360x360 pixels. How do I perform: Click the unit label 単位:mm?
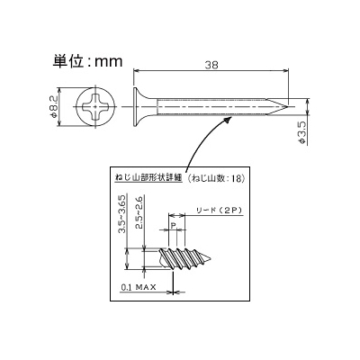point(87,61)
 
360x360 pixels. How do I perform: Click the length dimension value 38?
point(211,65)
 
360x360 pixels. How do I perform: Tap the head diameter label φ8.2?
point(53,107)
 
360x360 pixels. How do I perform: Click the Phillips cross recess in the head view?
point(95,107)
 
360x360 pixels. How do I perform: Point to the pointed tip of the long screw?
point(288,107)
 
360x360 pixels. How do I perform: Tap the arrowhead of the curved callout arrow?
point(229,121)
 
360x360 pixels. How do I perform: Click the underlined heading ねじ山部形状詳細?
point(148,178)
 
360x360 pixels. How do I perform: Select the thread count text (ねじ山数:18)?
point(216,178)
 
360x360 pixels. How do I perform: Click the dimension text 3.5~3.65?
point(122,213)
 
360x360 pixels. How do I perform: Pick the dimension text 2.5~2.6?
point(139,213)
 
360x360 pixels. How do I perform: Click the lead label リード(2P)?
point(219,211)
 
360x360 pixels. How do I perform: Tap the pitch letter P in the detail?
point(173,225)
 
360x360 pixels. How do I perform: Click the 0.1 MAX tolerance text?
point(139,287)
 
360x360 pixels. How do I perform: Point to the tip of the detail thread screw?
point(211,258)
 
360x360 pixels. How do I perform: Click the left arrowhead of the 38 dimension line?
point(136,71)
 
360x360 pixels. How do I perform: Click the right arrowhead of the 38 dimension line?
point(286,71)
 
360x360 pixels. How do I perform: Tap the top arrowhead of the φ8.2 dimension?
point(60,91)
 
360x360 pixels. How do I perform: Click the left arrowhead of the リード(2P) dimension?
point(171,215)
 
